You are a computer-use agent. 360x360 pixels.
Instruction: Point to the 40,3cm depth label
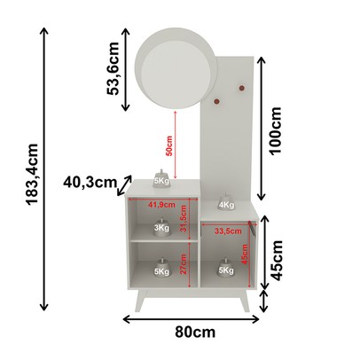(90, 183)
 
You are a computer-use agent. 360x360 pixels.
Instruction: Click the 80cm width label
(195, 332)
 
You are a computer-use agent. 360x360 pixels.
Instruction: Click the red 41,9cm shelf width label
(161, 205)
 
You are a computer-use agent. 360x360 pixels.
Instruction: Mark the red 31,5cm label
(182, 222)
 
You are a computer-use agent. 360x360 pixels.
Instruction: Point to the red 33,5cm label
(229, 232)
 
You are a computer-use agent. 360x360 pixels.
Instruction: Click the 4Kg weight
(225, 202)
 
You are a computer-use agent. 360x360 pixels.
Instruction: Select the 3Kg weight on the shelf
(161, 227)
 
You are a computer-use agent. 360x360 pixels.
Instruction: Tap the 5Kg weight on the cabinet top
(161, 178)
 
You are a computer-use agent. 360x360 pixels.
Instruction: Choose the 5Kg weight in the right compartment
(225, 268)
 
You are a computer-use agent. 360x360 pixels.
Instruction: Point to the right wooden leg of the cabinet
(246, 301)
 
